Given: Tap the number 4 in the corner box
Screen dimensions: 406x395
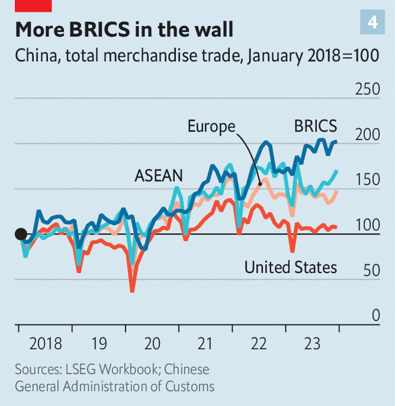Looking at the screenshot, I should [372, 22].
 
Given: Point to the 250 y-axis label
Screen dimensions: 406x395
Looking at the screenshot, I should [367, 89].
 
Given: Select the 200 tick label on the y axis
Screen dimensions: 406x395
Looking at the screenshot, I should [367, 135].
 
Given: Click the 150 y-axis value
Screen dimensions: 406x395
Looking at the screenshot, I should [367, 180].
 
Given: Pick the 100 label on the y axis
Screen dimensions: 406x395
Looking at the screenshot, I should [367, 225].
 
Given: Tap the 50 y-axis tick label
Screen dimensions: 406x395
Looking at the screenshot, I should [371, 270].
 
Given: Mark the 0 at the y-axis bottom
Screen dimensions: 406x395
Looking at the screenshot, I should [376, 316].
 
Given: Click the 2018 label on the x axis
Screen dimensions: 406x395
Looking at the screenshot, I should [45, 344].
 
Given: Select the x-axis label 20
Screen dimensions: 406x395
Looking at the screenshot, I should [152, 344].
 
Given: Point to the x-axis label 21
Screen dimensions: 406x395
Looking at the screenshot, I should [205, 344].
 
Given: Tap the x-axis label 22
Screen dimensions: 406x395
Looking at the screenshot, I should [259, 344].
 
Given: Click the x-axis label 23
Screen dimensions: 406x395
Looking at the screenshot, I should [312, 344].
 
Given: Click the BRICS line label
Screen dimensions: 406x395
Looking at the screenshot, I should [315, 125].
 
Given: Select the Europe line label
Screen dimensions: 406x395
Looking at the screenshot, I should [211, 126].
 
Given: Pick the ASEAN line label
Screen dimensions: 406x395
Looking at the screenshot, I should [159, 175].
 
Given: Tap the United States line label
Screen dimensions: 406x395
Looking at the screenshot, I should [290, 267].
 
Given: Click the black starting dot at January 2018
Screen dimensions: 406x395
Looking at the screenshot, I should [21, 234].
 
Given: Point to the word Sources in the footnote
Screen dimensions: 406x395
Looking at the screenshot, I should [38, 370].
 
